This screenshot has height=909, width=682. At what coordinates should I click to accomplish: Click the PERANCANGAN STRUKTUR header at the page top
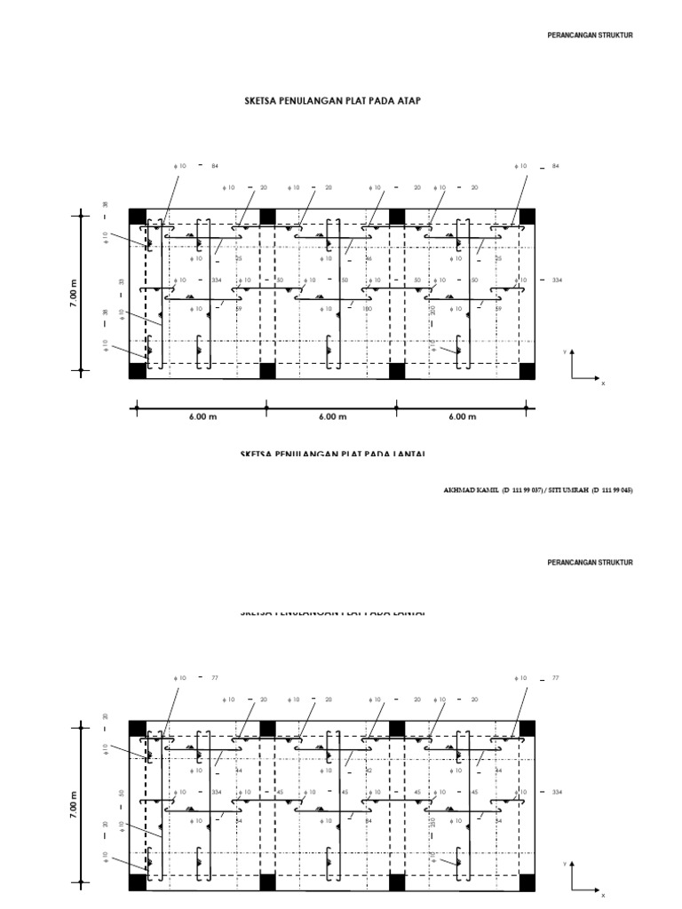(x=591, y=36)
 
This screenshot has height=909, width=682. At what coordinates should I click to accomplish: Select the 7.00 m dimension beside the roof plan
(x=74, y=294)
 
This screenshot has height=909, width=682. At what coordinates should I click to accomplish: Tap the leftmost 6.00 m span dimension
(x=202, y=416)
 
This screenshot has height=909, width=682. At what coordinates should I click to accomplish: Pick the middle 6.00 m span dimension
(x=331, y=416)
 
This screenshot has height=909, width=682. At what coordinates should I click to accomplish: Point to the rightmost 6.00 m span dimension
(x=462, y=416)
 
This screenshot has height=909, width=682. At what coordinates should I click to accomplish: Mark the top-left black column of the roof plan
(x=137, y=217)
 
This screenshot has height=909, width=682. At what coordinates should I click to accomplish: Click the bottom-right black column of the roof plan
(x=527, y=370)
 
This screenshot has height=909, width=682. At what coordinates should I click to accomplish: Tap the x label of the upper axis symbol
(x=603, y=383)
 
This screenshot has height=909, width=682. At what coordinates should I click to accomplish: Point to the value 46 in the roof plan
(x=369, y=258)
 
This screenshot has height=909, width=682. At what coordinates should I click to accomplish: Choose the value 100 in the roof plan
(x=367, y=309)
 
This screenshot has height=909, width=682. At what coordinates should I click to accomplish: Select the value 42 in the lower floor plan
(x=369, y=771)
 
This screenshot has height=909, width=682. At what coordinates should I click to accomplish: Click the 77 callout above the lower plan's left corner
(x=214, y=677)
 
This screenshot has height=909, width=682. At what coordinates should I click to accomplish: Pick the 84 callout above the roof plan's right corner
(x=556, y=166)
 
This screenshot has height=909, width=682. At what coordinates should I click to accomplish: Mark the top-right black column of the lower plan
(x=527, y=728)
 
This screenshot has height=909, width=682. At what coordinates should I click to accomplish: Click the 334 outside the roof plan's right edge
(x=557, y=280)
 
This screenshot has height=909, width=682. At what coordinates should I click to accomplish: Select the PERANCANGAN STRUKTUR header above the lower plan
(x=591, y=563)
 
